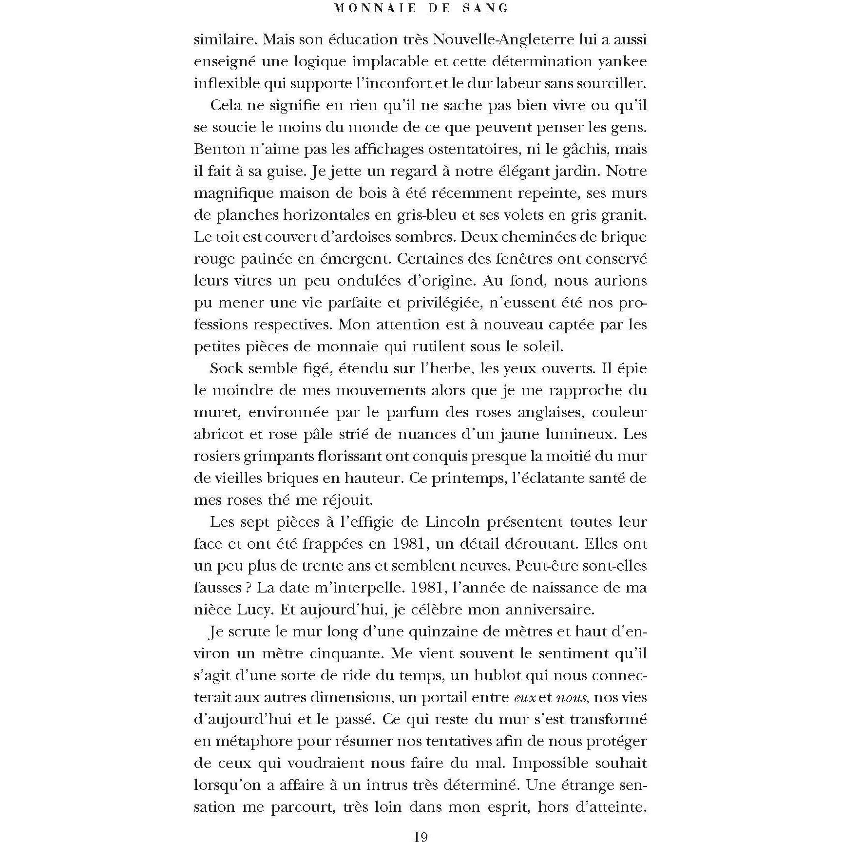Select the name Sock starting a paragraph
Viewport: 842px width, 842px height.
click(x=227, y=368)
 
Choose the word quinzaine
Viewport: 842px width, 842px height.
click(x=445, y=631)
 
